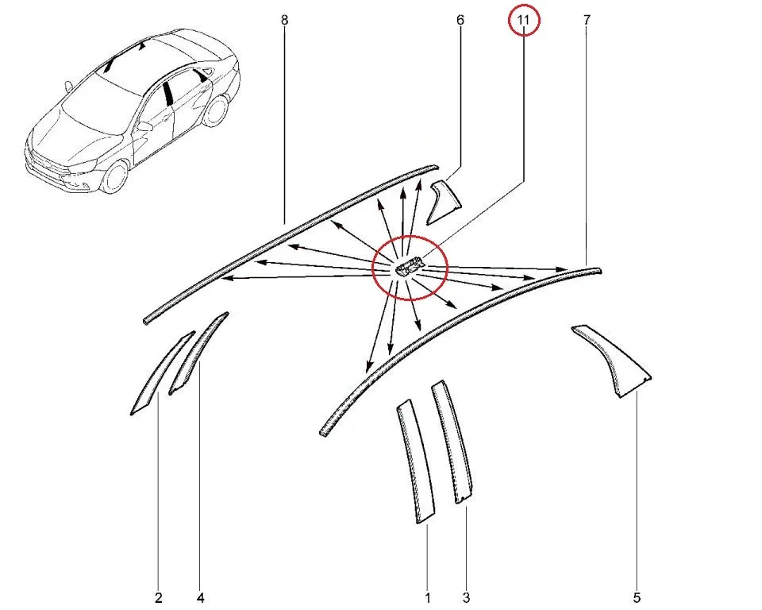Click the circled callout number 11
coord(523,21)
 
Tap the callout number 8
coord(284,20)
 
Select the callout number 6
coord(460,20)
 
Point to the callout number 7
coord(587,20)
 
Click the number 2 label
coord(159,597)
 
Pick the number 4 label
coord(200,597)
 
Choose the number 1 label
coord(428,597)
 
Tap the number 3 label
coord(466,597)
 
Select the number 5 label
coord(637,597)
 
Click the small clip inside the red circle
coord(410,266)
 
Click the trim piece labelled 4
coord(197,353)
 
